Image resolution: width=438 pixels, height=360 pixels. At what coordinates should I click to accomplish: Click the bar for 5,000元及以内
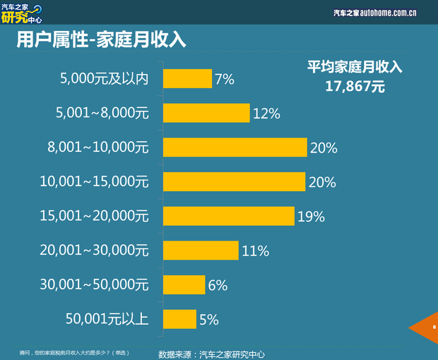[x=187, y=78]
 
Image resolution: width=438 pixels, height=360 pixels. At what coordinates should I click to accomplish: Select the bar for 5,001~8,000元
[x=206, y=113]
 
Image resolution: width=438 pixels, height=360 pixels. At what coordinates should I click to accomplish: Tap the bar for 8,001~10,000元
[x=235, y=148]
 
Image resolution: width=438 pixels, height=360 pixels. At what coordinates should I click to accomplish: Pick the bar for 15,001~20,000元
[x=228, y=216]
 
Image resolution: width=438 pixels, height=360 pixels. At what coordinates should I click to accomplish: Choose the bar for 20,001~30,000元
[x=201, y=250]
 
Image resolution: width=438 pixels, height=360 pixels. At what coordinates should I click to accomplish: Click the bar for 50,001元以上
[x=179, y=319]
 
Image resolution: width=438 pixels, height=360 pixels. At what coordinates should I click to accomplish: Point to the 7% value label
[x=225, y=79]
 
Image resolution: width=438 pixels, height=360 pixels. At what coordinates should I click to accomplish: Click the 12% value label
[x=266, y=114]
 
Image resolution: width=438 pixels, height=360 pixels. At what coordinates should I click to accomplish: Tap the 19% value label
[x=311, y=217]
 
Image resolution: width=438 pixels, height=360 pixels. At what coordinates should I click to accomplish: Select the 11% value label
[x=256, y=251]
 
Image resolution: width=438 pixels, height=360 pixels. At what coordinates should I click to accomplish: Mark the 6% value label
[x=218, y=285]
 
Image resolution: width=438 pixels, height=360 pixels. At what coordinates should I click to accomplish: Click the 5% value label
[x=208, y=320]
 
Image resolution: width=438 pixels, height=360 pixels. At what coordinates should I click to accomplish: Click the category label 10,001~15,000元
[x=94, y=182]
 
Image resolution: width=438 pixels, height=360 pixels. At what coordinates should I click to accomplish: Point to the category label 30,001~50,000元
[x=94, y=285]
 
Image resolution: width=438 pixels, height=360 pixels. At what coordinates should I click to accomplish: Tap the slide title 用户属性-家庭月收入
[x=101, y=40]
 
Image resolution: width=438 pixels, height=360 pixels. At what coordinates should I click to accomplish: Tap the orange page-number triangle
[x=427, y=328]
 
